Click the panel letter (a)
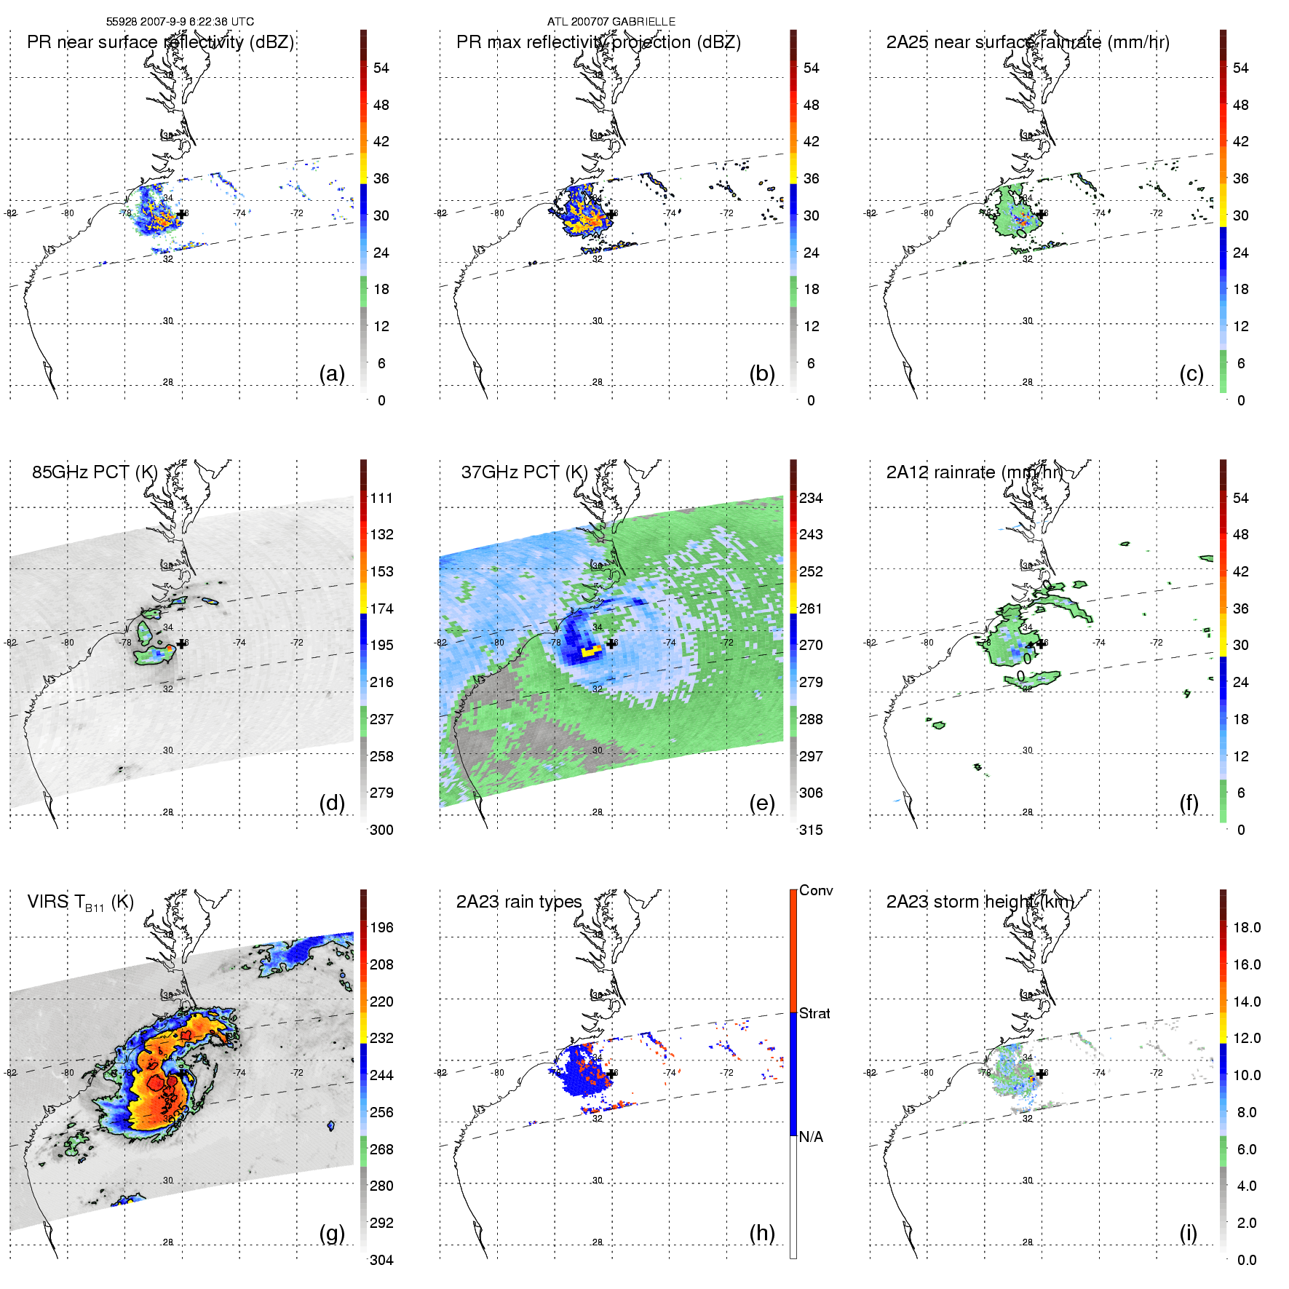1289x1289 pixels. click(332, 374)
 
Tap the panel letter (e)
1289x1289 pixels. click(762, 804)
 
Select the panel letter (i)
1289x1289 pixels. click(1188, 1233)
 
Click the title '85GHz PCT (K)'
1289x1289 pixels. click(95, 472)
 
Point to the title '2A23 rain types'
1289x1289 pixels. click(519, 902)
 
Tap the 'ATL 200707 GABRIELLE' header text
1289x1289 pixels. click(611, 22)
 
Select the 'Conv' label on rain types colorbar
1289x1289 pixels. click(816, 890)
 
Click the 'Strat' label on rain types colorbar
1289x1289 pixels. click(814, 1013)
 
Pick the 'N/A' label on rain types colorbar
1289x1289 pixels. click(811, 1137)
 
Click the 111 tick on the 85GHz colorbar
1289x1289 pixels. click(381, 498)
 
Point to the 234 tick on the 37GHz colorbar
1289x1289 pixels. click(811, 498)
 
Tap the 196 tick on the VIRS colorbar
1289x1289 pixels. click(381, 927)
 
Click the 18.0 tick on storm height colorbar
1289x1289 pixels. click(1247, 927)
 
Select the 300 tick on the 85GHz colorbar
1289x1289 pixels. click(381, 830)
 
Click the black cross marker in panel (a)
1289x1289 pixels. click(181, 214)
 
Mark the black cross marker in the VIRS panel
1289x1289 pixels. click(181, 1073)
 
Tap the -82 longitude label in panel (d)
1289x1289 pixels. click(10, 643)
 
